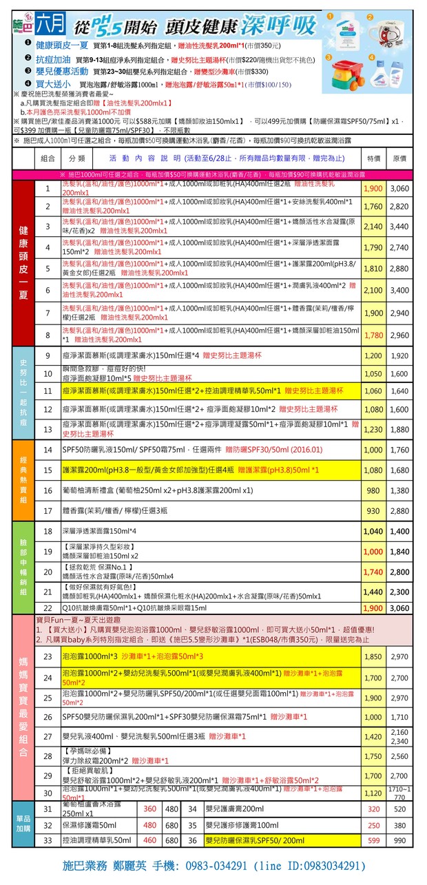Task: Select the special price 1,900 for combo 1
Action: click(x=373, y=188)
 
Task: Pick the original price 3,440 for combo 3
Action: click(x=399, y=226)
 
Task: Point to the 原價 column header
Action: click(x=399, y=158)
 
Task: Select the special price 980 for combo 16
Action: click(x=373, y=491)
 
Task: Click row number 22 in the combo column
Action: click(x=48, y=608)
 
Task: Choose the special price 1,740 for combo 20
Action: click(x=373, y=572)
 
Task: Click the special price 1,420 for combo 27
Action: click(x=373, y=737)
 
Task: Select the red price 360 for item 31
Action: click(x=150, y=809)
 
